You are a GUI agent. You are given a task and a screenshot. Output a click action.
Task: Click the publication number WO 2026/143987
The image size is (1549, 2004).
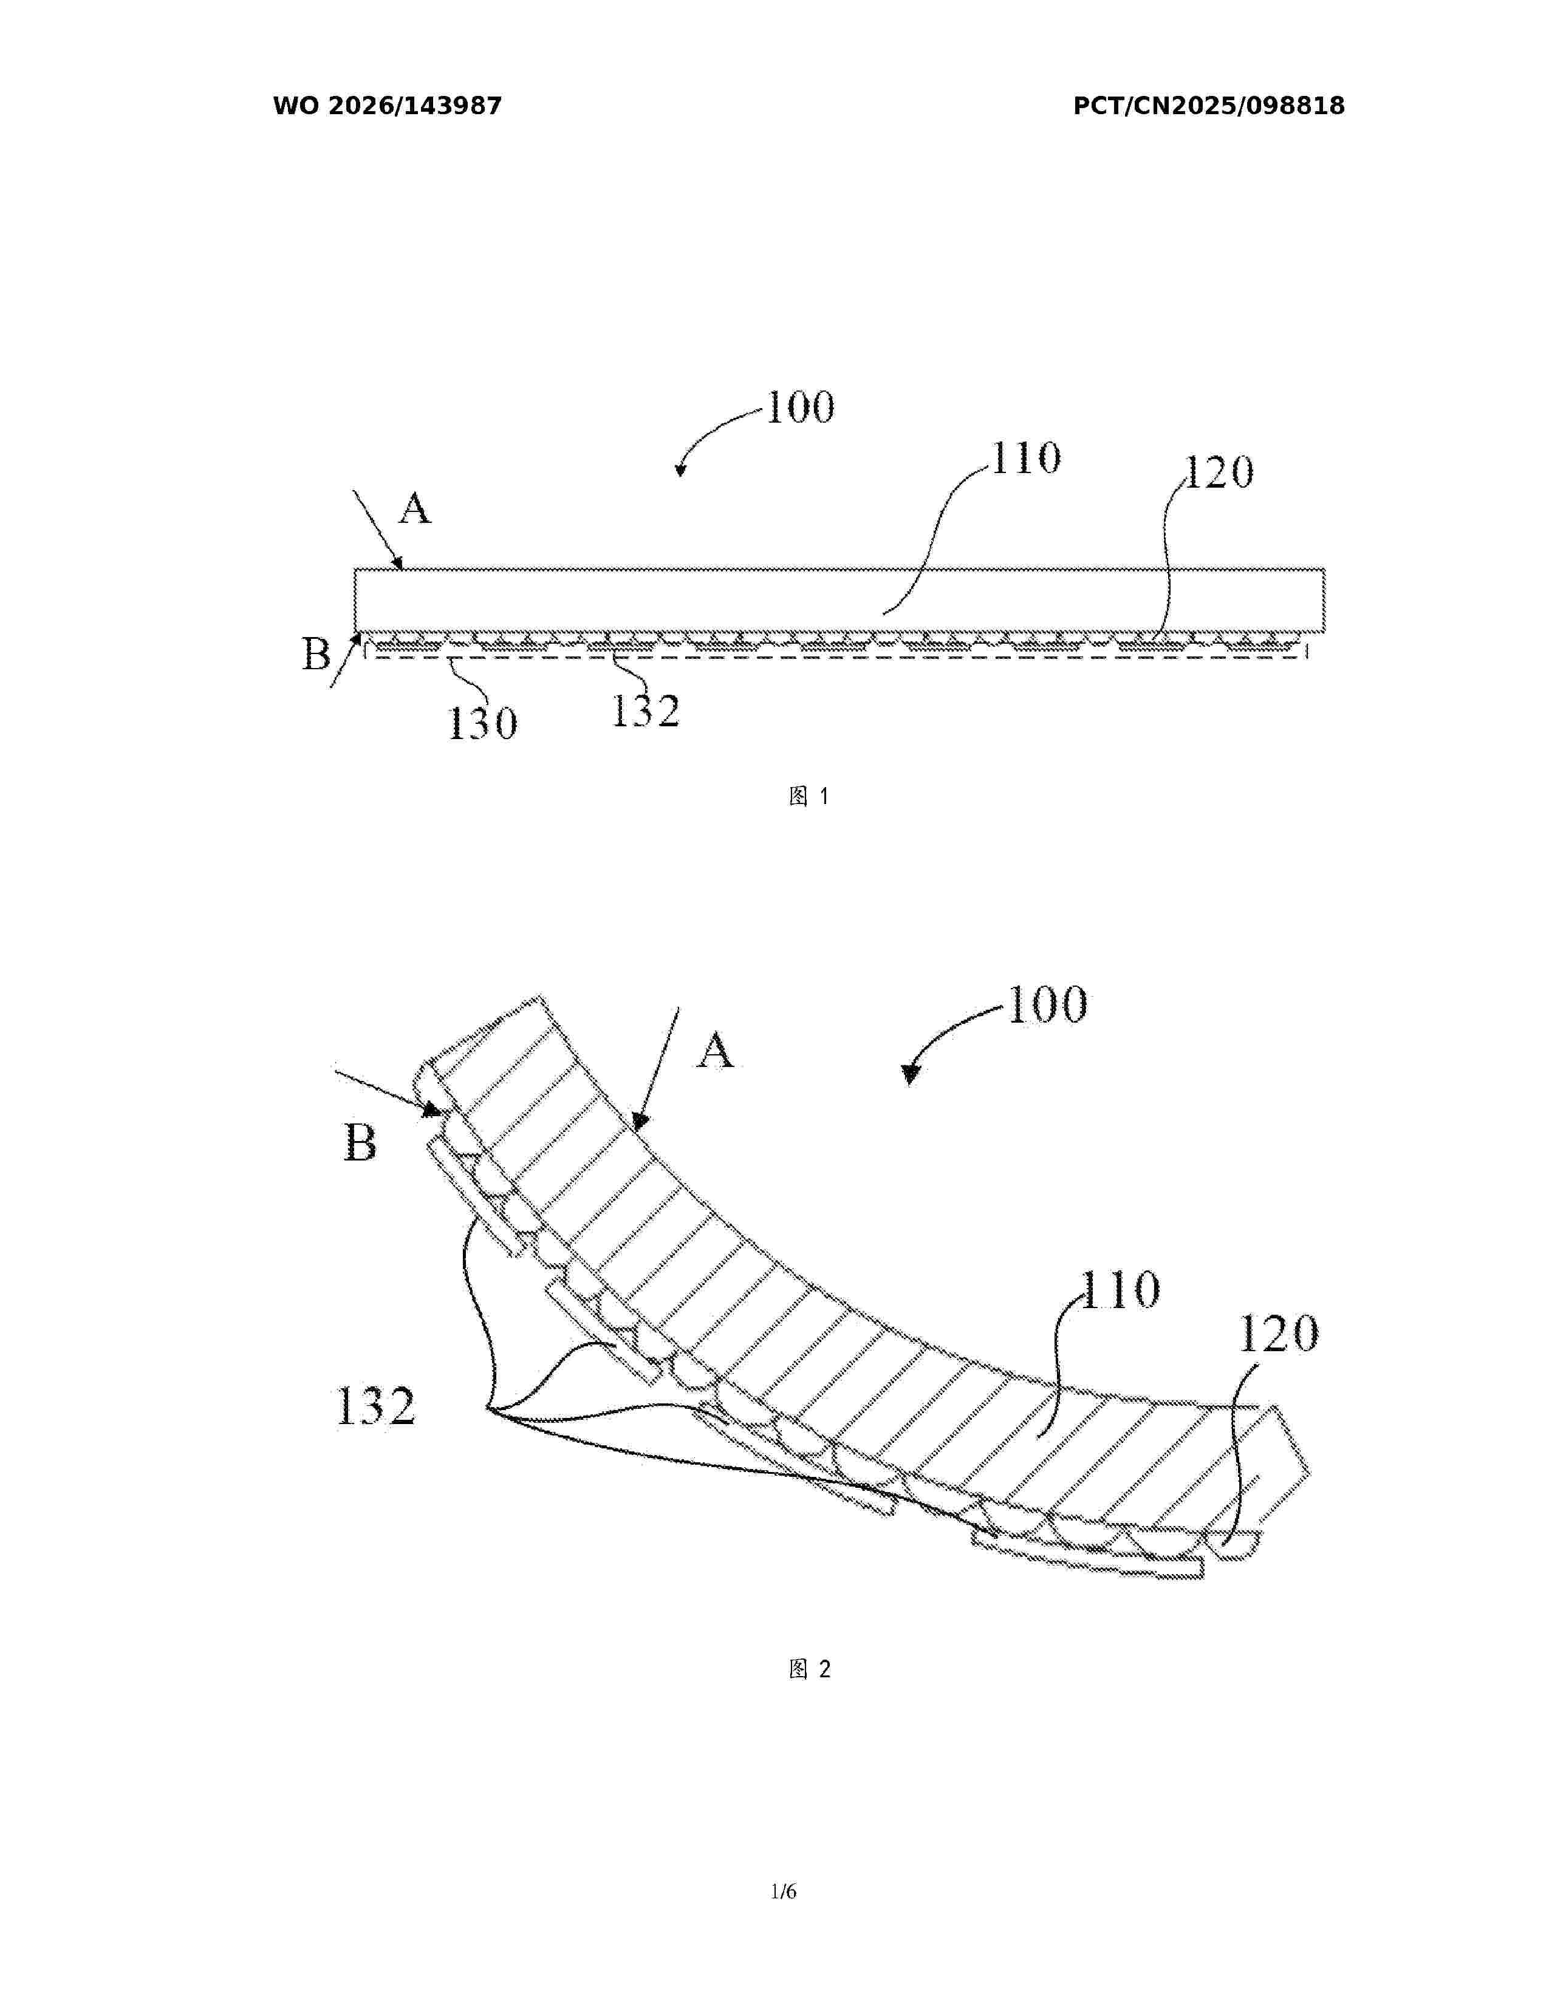click(x=388, y=106)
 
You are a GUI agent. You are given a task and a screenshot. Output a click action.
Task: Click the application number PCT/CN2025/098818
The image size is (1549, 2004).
click(x=1209, y=106)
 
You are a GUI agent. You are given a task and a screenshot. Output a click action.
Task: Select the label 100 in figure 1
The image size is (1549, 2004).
click(x=800, y=407)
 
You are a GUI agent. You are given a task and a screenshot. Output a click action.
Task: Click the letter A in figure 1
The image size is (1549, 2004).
click(x=415, y=508)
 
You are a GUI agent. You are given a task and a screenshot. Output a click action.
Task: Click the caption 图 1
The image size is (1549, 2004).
click(x=809, y=797)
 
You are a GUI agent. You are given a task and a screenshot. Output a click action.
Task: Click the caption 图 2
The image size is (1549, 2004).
click(x=809, y=1669)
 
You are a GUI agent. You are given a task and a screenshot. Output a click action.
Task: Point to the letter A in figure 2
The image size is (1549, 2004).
click(x=716, y=1050)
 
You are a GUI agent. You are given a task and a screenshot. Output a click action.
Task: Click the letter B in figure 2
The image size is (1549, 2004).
click(x=360, y=1143)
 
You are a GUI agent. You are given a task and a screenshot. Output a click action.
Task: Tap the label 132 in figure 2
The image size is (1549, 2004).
click(x=376, y=1406)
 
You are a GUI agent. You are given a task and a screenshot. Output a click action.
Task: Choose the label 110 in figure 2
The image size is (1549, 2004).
click(x=1121, y=1289)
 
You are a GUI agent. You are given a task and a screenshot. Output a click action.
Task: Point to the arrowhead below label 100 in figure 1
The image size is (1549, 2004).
click(x=680, y=471)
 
